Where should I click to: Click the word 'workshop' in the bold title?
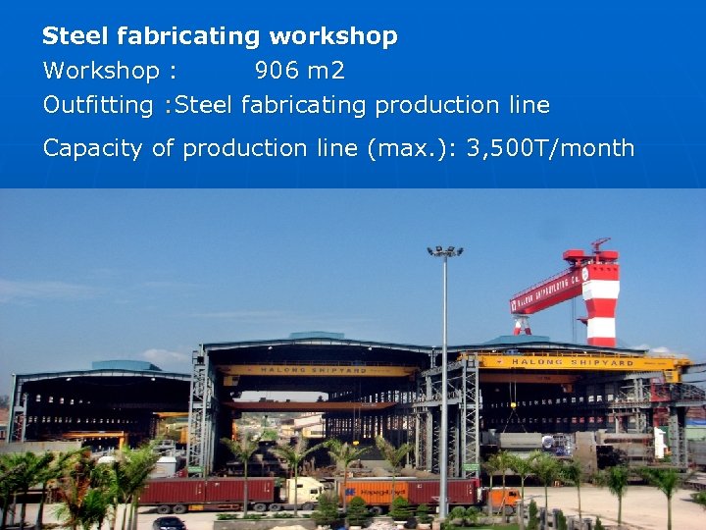[x=333, y=37]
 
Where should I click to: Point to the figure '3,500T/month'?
[x=551, y=148]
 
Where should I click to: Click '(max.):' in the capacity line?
[x=412, y=148]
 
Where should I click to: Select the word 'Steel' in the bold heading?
[x=76, y=37]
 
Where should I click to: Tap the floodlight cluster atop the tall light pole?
[x=444, y=252]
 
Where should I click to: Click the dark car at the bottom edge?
[x=170, y=523]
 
